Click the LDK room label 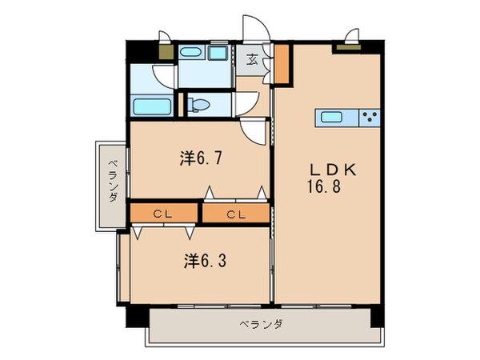(333, 170)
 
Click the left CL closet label (163, 214)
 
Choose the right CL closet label (234, 214)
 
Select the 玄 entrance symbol (251, 58)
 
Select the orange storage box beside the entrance (281, 66)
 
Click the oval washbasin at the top (190, 54)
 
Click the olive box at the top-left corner (166, 53)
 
